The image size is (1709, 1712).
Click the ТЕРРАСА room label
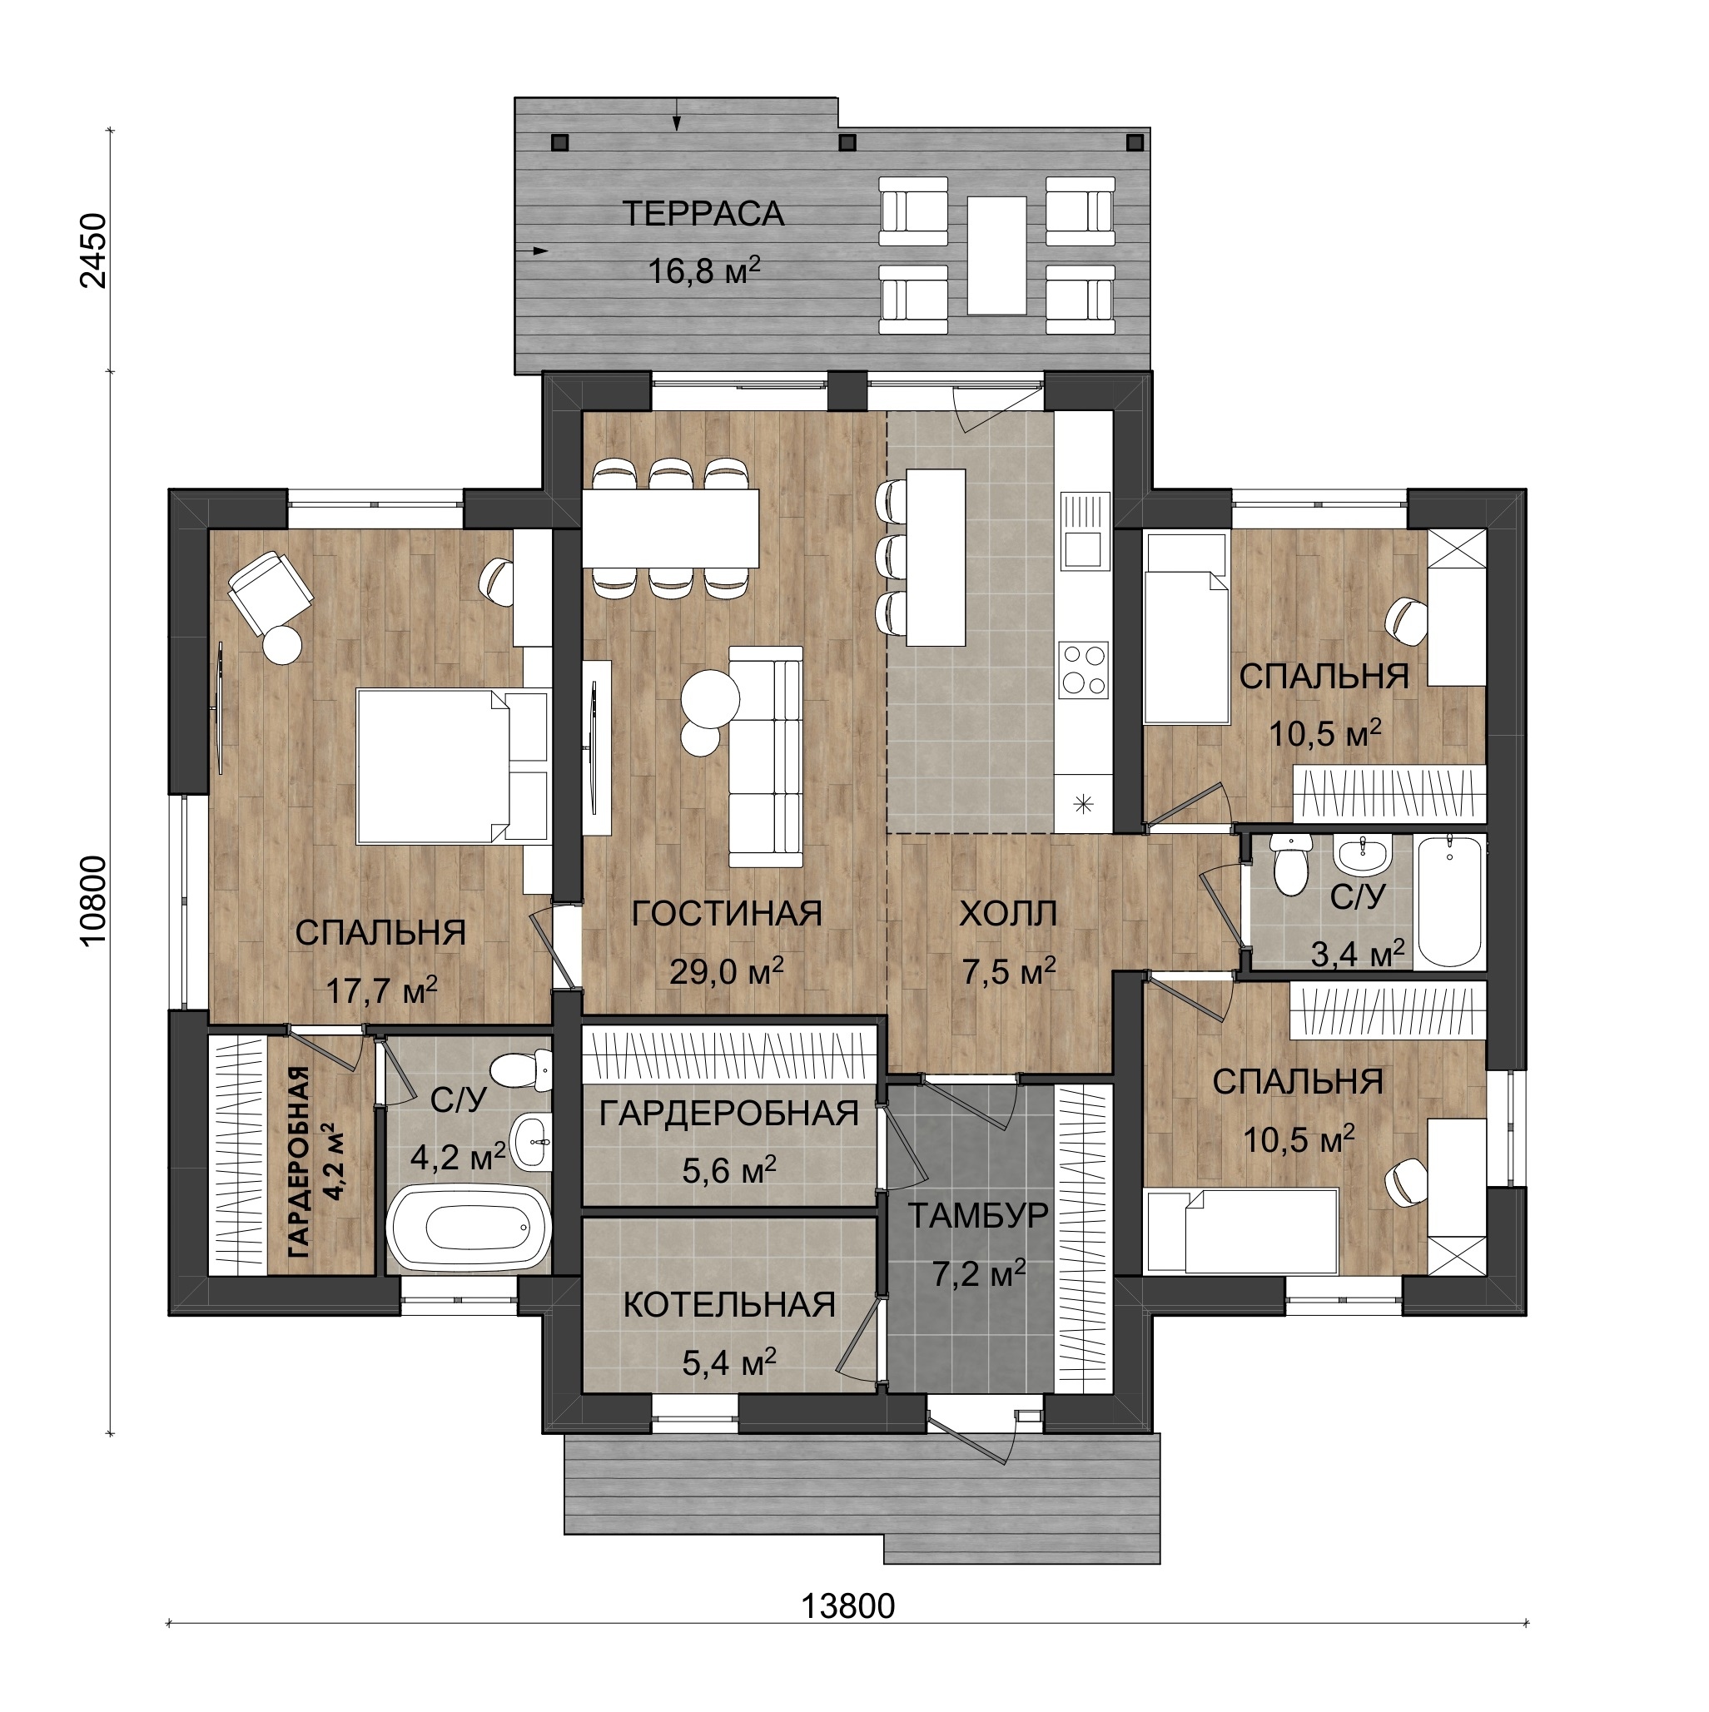703,215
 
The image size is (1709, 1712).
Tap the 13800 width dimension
848,1605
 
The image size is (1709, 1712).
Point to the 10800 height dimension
93,901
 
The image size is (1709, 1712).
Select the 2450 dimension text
93,251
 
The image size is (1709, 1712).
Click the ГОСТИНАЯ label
727,914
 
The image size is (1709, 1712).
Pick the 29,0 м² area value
726,971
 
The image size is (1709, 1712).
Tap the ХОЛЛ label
1008,914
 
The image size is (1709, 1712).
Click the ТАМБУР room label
978,1216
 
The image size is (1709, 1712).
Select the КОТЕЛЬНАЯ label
728,1304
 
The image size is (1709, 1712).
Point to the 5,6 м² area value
728,1170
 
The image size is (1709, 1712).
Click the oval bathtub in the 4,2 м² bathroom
469,1228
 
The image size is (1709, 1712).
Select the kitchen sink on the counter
1083,530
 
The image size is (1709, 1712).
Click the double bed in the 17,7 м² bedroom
452,767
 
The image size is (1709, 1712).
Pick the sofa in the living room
766,757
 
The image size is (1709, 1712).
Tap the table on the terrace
996,256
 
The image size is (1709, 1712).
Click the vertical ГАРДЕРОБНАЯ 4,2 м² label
311,1162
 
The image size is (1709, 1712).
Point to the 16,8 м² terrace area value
703,270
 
